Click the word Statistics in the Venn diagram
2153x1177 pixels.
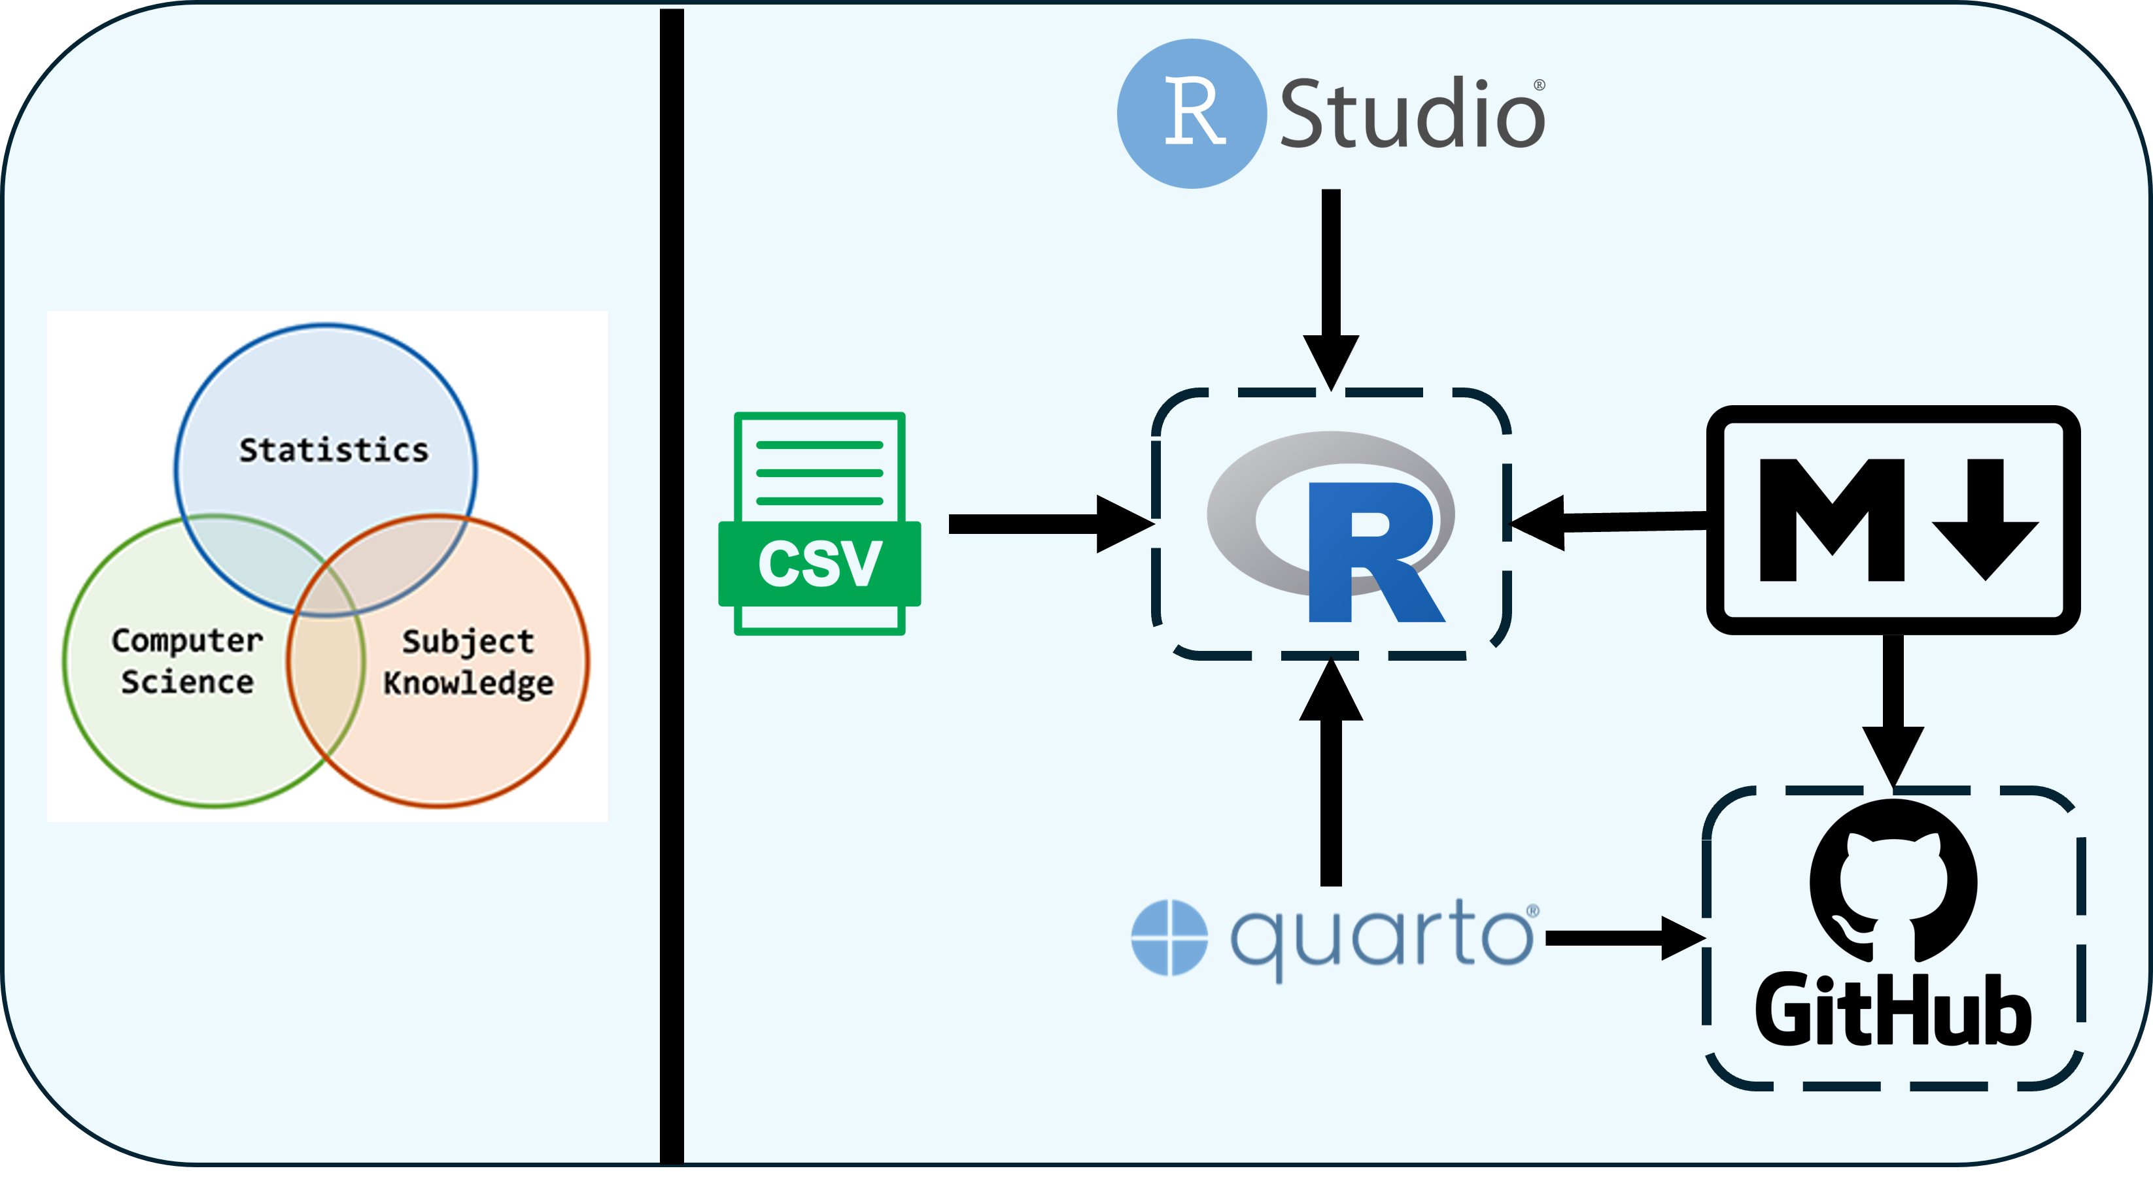334,450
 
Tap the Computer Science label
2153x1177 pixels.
187,661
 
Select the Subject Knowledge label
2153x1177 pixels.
468,661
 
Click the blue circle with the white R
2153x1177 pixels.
1192,114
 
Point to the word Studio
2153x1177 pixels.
1413,114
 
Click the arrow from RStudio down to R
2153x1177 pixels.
1330,284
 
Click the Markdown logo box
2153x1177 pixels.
1892,520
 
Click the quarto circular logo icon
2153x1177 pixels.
1169,937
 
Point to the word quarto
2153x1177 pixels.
1383,937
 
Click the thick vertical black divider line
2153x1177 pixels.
672,585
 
